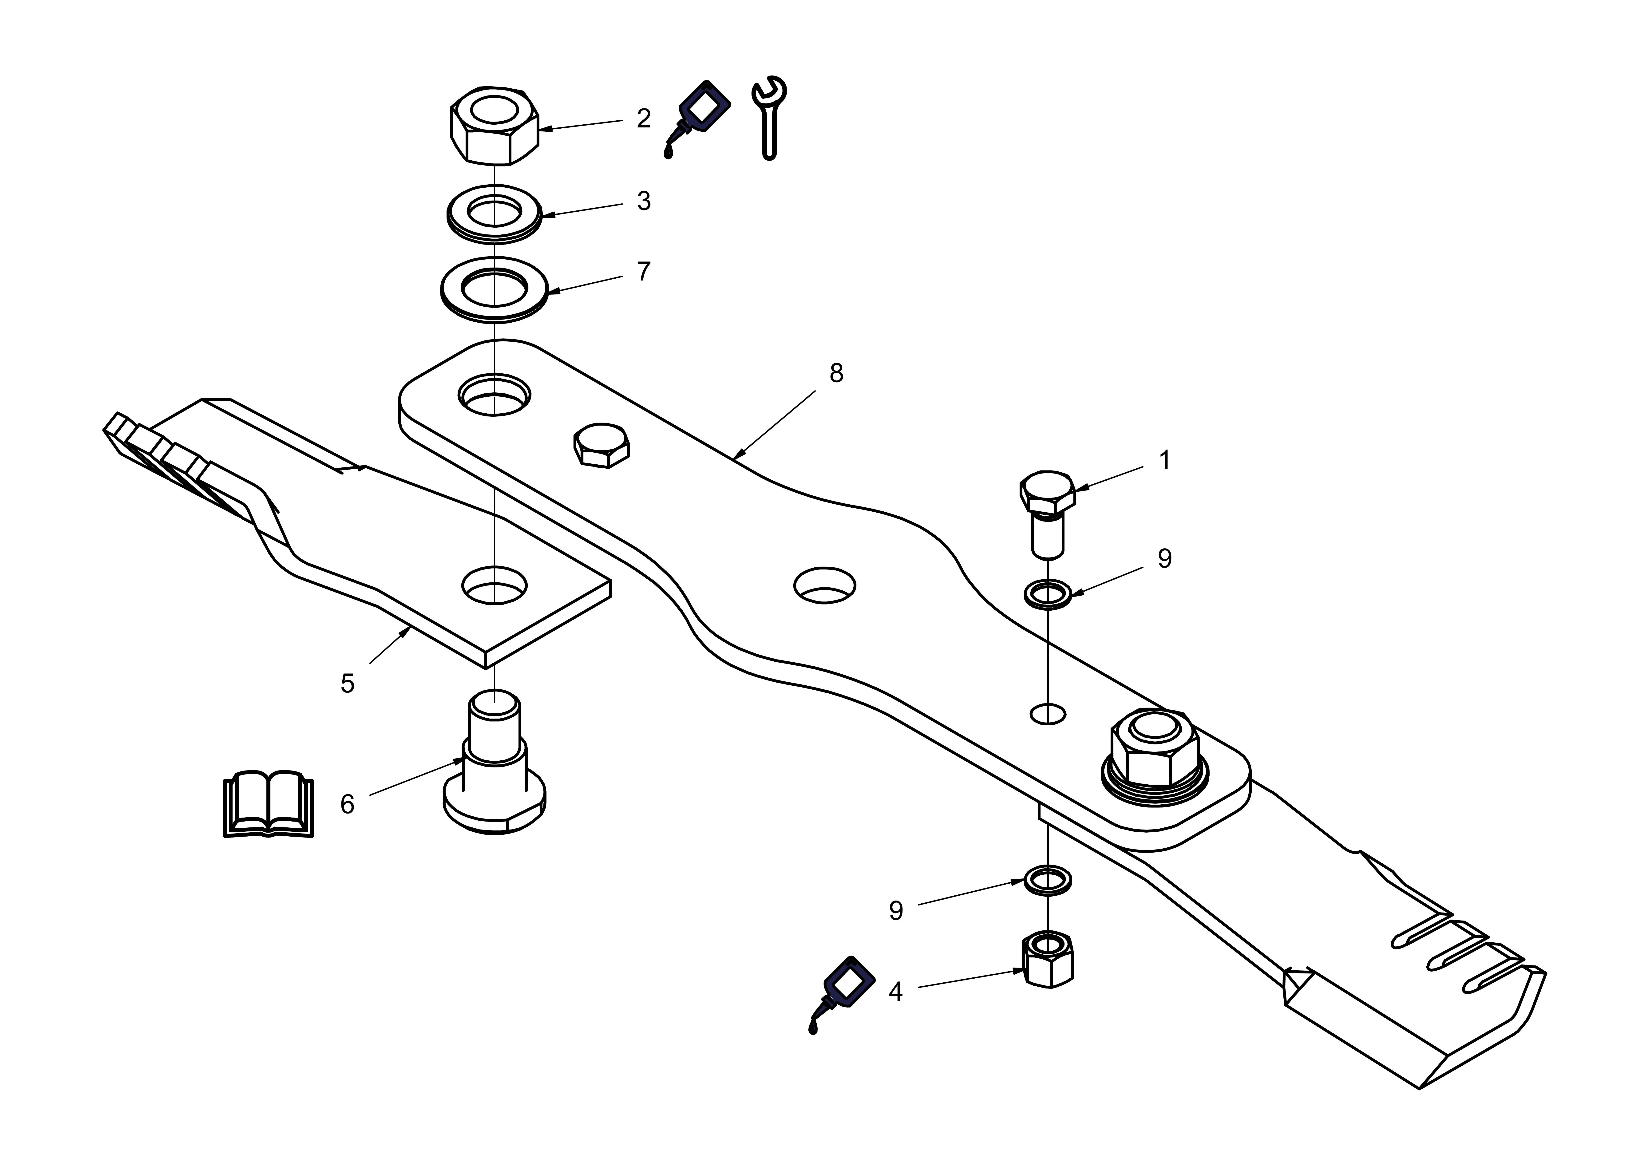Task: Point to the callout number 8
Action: (836, 373)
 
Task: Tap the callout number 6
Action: (347, 804)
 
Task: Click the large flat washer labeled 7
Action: (495, 289)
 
